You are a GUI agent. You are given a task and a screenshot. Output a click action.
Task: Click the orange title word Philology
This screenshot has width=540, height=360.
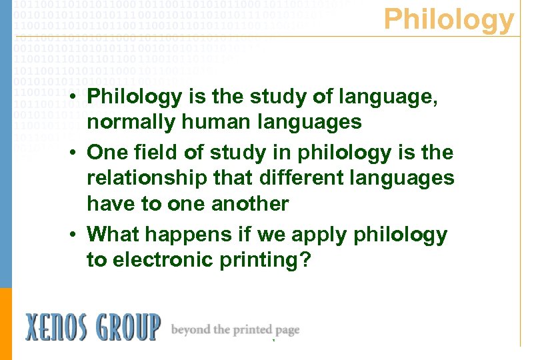449,20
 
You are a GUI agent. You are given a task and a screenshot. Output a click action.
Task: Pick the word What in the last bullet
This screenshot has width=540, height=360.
111,234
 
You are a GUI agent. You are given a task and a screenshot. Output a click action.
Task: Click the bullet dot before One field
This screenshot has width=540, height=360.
77,153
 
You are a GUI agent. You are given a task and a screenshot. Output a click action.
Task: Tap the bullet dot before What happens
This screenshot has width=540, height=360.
77,234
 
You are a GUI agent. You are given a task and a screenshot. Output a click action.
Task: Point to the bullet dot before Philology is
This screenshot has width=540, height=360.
77,97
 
